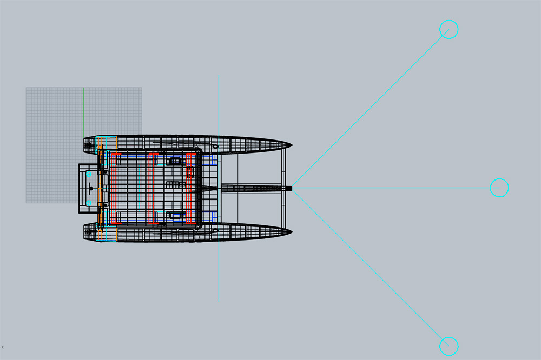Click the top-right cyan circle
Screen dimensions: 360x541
(448, 29)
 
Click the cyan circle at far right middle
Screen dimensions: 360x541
(499, 188)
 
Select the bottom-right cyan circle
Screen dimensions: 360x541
(448, 345)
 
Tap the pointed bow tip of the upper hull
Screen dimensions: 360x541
(292, 145)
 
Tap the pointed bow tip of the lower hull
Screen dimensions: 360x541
(292, 231)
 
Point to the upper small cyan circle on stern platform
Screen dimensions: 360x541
(89, 175)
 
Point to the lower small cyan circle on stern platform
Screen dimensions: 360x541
(89, 203)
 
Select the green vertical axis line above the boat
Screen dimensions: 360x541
(84, 111)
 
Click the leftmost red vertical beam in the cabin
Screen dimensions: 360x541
(113, 188)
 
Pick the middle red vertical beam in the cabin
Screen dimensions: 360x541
(153, 188)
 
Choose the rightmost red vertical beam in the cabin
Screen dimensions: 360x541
(190, 188)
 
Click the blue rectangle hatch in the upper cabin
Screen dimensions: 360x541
(175, 161)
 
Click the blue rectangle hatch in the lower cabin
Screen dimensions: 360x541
(175, 216)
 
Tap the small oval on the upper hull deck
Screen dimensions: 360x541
(215, 145)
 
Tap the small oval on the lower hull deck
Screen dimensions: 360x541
(215, 231)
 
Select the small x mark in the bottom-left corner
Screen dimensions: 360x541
(3, 346)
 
